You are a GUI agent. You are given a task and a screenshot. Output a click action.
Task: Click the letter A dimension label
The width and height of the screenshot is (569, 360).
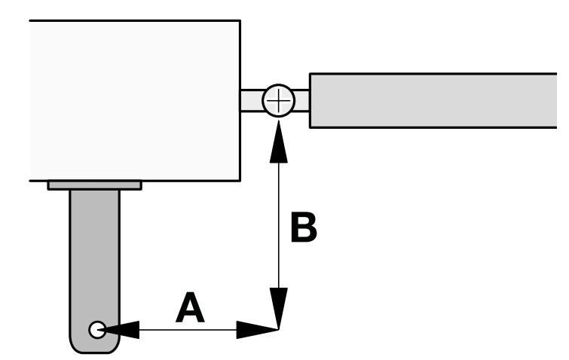point(190,308)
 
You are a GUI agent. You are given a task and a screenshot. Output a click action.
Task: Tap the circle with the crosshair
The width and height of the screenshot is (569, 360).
point(278,100)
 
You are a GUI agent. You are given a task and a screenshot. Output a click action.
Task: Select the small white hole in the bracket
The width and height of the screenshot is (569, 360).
point(97,330)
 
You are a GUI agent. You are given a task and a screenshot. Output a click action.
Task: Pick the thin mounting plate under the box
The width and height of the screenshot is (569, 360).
point(95,185)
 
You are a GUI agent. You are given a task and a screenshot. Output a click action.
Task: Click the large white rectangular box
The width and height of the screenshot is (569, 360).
point(135,100)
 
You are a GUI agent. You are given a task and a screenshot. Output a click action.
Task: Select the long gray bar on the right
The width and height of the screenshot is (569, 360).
point(433,100)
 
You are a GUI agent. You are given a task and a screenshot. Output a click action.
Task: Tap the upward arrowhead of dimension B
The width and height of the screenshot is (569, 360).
point(279,142)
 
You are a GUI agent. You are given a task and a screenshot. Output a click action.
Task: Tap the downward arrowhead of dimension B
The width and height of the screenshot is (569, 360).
point(279,308)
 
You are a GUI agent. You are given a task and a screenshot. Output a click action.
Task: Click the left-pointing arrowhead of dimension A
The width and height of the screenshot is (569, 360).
point(120,330)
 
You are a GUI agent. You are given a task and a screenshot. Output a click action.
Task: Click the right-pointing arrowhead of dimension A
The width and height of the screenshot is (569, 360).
point(257,330)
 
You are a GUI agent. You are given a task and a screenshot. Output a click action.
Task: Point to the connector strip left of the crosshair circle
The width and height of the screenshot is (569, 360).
point(252,100)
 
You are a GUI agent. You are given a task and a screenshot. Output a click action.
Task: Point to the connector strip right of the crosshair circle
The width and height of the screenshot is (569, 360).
point(301,100)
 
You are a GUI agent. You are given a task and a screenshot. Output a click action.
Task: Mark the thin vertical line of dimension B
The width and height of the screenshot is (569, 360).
point(279,224)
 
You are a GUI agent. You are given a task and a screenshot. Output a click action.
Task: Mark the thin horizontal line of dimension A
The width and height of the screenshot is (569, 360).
point(188,330)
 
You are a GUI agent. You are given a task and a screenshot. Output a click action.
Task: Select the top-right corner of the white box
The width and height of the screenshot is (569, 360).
point(240,20)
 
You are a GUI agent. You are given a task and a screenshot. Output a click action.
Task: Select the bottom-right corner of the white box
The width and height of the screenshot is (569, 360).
point(240,180)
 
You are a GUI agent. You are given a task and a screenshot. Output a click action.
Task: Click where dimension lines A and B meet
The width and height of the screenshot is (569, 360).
point(279,330)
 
